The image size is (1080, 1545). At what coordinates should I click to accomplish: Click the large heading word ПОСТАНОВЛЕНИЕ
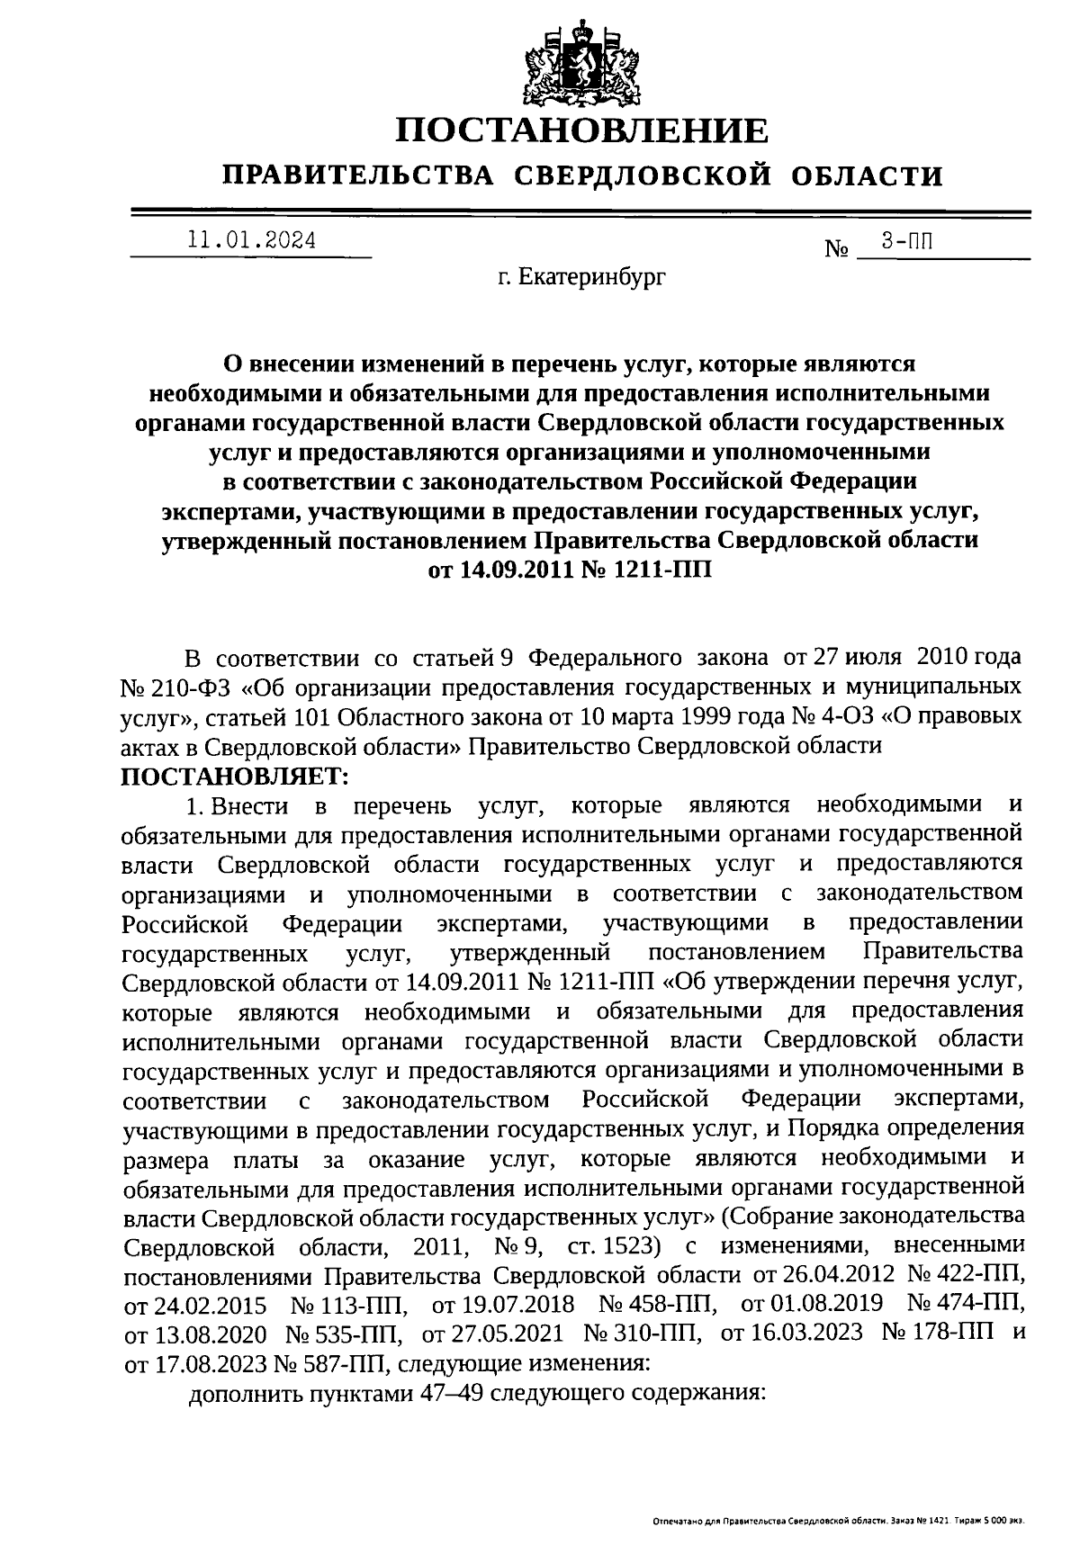click(x=584, y=131)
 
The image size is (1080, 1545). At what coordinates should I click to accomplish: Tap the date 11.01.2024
click(x=251, y=240)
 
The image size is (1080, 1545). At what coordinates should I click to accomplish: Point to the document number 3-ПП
click(x=905, y=240)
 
